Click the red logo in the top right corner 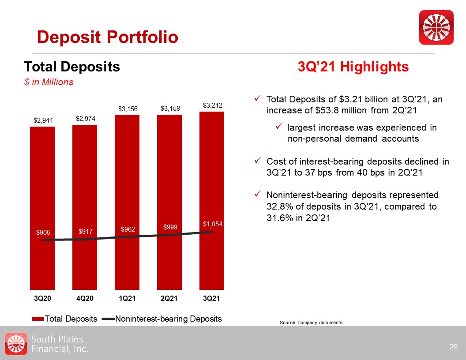click(x=436, y=27)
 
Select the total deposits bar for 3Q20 click(x=42, y=207)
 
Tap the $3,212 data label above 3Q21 click(x=212, y=105)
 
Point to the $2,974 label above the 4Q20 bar click(x=85, y=119)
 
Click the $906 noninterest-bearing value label click(x=43, y=232)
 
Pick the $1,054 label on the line click(x=213, y=224)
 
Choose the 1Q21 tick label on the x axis click(x=127, y=299)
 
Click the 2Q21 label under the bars click(x=169, y=299)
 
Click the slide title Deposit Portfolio click(x=108, y=37)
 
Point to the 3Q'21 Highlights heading click(x=353, y=67)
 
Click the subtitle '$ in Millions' click(x=49, y=82)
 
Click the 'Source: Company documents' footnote click(x=311, y=323)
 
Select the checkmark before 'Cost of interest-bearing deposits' click(x=258, y=161)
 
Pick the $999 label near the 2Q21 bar click(x=170, y=227)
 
